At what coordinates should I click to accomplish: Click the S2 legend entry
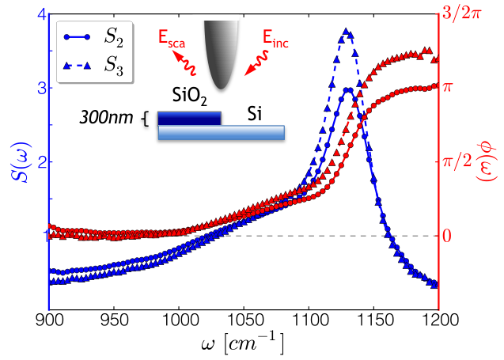pyautogui.click(x=93, y=38)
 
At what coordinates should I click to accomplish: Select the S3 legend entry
pyautogui.click(x=93, y=66)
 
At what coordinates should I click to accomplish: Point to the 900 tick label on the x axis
pyautogui.click(x=49, y=320)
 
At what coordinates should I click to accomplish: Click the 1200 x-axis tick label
pyautogui.click(x=439, y=320)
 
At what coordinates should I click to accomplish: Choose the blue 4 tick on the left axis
pyautogui.click(x=42, y=15)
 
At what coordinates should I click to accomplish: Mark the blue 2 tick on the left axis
pyautogui.click(x=42, y=162)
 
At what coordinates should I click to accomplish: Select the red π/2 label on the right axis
pyautogui.click(x=457, y=161)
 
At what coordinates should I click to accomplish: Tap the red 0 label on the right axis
pyautogui.click(x=447, y=237)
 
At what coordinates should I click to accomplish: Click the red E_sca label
pyautogui.click(x=172, y=40)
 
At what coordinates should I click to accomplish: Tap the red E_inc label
pyautogui.click(x=275, y=40)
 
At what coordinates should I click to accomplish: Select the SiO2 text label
pyautogui.click(x=190, y=96)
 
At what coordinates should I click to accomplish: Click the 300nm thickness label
pyautogui.click(x=106, y=118)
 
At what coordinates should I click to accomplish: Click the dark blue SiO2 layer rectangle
pyautogui.click(x=189, y=119)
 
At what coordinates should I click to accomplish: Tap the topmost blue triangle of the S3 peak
pyautogui.click(x=346, y=31)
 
